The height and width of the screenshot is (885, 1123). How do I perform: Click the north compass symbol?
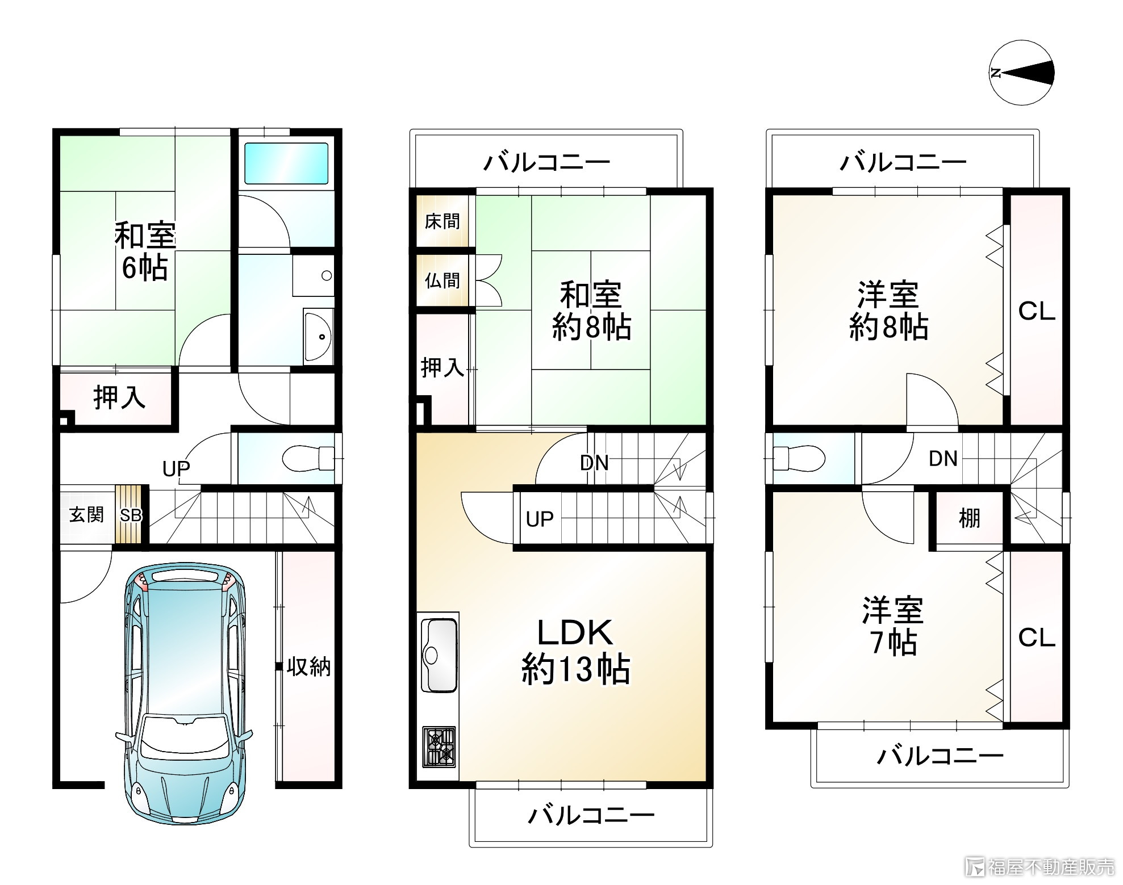pos(1021,73)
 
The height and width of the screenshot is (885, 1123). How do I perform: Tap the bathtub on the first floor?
pos(286,163)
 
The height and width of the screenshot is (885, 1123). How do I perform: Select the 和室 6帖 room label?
pos(145,251)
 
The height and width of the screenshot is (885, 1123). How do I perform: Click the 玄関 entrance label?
pos(87,515)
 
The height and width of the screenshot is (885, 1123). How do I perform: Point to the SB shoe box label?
pos(130,515)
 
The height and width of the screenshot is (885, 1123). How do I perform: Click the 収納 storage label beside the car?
pos(308,666)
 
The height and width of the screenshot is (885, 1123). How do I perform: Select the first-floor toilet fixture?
pos(307,458)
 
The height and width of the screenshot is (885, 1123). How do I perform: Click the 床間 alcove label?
pos(442,221)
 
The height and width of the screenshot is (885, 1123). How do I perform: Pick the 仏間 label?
pos(442,280)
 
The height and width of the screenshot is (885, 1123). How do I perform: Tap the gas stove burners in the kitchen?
pos(439,746)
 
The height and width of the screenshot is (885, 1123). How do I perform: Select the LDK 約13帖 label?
pos(575,651)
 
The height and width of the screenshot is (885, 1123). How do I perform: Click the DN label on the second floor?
pos(594,463)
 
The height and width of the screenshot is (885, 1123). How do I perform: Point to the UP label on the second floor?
pos(539,519)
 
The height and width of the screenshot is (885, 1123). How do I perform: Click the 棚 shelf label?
pos(969,518)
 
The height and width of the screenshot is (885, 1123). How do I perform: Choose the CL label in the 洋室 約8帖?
pos(1036,311)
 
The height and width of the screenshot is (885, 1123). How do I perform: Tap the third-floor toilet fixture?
pos(798,458)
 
